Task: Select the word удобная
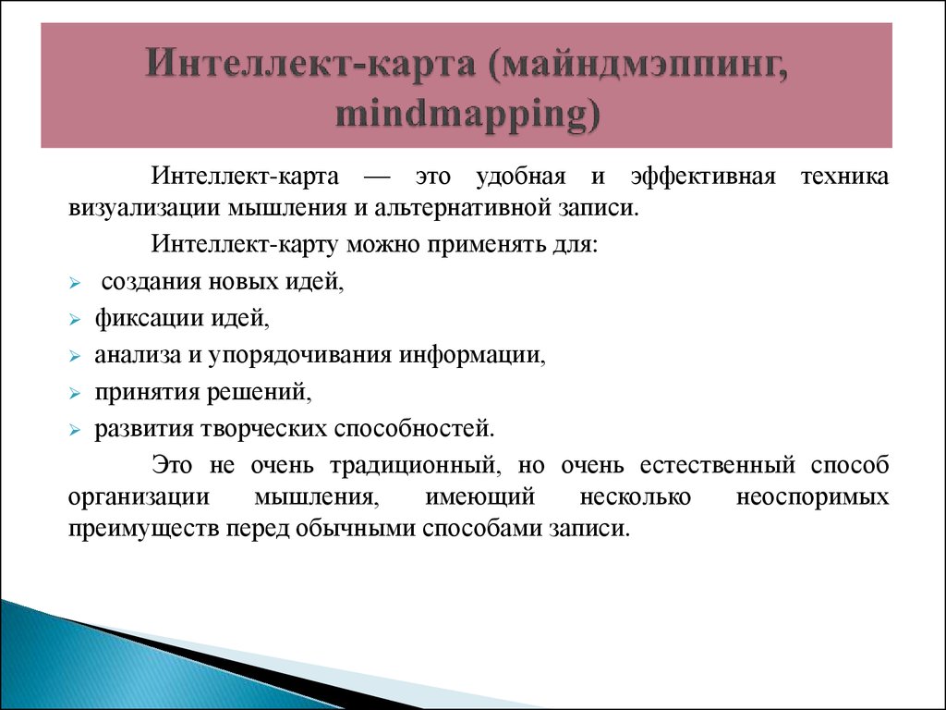521,177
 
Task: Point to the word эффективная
703,177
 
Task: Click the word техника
844,177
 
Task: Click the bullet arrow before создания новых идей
74,283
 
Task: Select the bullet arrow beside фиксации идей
74,319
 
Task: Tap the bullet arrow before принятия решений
74,394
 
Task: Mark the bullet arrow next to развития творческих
74,431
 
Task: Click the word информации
472,356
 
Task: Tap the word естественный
717,466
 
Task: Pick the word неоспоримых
812,497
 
